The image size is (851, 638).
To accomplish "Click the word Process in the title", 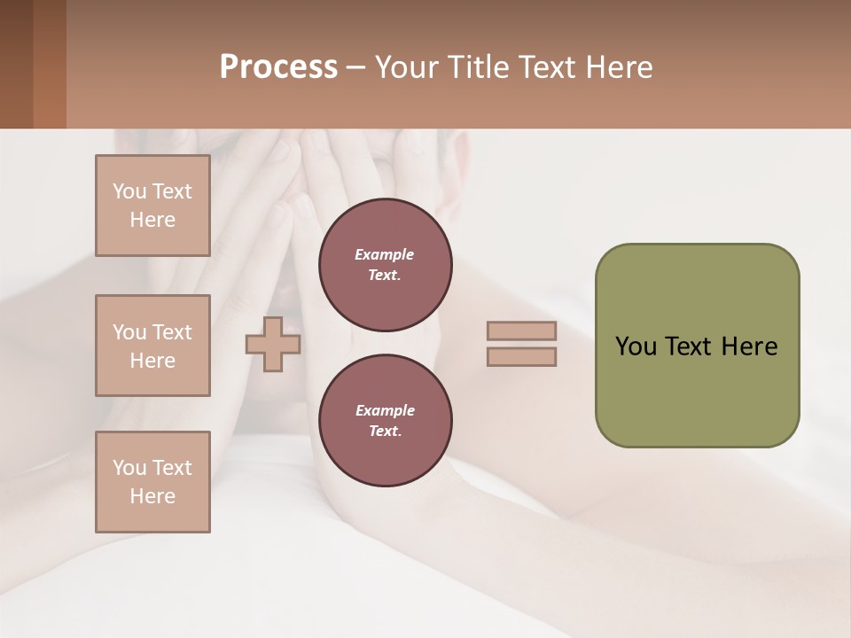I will tap(278, 67).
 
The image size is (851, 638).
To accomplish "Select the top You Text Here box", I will tap(152, 206).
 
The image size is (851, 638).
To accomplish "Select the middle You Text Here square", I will tap(152, 346).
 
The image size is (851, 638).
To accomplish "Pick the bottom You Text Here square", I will tap(152, 482).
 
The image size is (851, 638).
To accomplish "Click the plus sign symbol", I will tap(273, 344).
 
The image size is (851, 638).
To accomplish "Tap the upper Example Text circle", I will tap(385, 265).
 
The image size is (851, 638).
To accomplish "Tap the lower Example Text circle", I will tap(385, 421).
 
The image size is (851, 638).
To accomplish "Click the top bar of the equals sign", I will tap(521, 331).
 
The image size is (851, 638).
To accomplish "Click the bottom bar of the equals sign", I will tap(521, 356).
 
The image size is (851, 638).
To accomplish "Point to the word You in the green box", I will tap(636, 346).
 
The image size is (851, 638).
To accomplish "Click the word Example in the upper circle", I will tap(385, 254).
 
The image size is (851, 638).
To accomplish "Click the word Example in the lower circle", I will tap(385, 410).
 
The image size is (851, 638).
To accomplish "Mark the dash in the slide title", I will tap(355, 68).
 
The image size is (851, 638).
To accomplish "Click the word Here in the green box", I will tap(749, 346).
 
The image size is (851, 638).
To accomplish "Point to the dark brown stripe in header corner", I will tap(16, 64).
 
